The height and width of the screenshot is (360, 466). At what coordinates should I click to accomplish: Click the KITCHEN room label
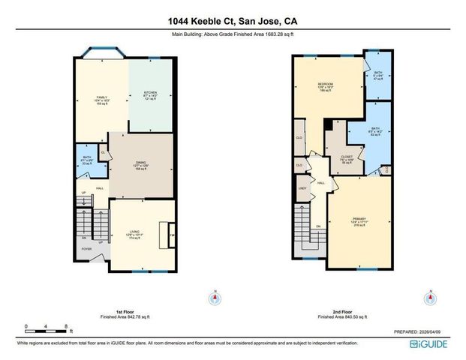coord(150,94)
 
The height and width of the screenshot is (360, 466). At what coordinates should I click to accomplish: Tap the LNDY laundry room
coord(302,189)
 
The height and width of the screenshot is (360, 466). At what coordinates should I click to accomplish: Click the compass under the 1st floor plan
coord(215,298)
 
